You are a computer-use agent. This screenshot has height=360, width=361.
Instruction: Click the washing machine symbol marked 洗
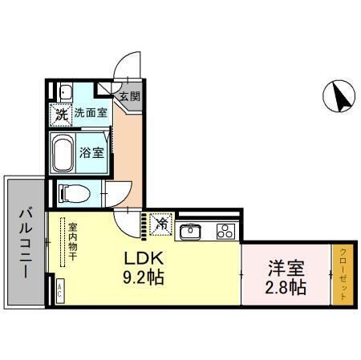62,114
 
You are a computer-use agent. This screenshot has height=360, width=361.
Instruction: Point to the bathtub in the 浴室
65,152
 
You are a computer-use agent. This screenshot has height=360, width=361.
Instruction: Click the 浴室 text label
92,152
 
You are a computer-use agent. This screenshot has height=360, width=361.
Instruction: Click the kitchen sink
190,232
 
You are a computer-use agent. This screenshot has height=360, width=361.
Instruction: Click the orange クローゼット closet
342,273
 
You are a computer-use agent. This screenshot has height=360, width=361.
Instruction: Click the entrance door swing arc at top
128,68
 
